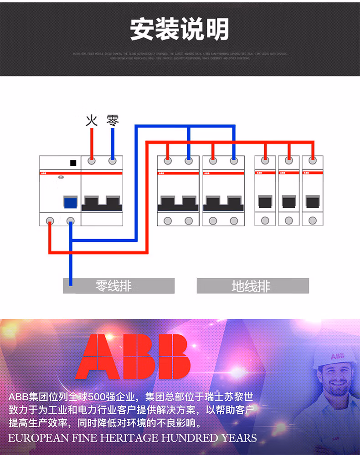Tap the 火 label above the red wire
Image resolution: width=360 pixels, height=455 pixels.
click(x=92, y=121)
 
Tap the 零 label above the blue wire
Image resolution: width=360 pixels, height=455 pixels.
click(x=113, y=121)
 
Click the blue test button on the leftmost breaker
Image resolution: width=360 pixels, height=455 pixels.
click(x=70, y=203)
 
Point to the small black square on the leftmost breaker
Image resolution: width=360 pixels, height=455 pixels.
click(x=73, y=163)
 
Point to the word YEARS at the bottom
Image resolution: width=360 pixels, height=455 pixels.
click(x=239, y=438)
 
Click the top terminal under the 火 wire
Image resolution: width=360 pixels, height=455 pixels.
click(x=92, y=161)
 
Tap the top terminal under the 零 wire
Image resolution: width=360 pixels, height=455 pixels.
click(x=113, y=161)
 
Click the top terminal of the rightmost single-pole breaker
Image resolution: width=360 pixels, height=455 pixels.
click(x=312, y=161)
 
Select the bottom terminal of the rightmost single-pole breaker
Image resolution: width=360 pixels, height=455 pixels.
click(x=312, y=221)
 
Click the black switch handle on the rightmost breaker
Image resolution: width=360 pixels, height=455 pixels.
click(x=312, y=201)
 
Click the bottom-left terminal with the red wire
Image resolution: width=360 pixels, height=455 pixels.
click(x=50, y=221)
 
